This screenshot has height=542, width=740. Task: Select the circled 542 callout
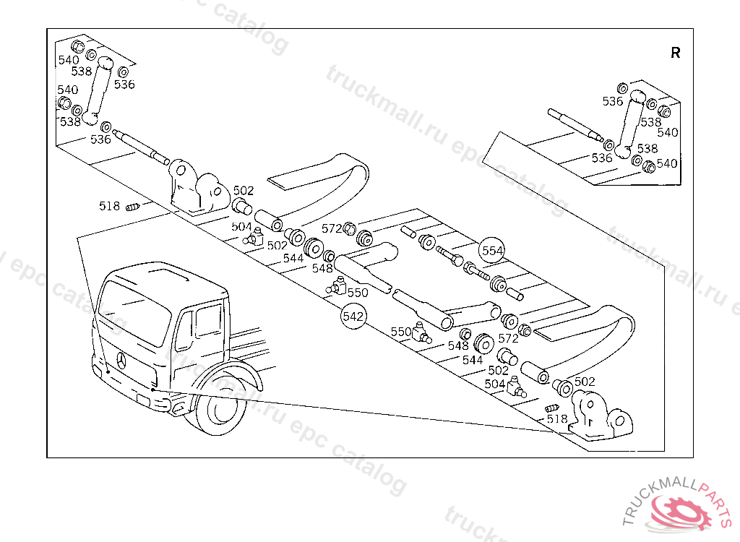point(353,317)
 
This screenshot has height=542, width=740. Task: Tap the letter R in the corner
point(675,53)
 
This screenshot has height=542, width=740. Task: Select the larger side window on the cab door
point(208,319)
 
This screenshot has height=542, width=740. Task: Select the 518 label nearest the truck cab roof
point(109,206)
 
